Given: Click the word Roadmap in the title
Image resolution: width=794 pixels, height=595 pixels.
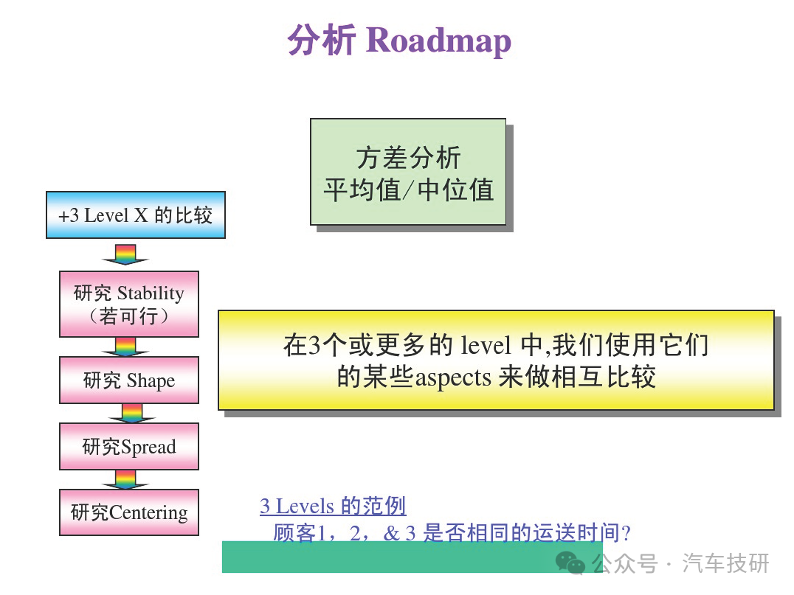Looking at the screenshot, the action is tap(438, 41).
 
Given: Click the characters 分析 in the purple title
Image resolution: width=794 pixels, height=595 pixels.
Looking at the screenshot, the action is tap(321, 40).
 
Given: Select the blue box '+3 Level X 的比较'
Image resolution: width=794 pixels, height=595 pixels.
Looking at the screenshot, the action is tap(136, 215).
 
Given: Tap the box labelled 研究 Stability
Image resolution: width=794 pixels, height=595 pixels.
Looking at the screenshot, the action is tap(129, 304).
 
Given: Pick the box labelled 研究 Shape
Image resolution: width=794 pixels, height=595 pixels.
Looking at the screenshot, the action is tap(129, 380).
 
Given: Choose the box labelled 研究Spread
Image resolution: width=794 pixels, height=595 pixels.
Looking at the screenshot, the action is tap(129, 446).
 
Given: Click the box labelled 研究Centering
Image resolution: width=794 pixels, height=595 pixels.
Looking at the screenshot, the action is tap(129, 512).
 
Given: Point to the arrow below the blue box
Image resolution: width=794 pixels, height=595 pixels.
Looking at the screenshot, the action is tap(125, 254).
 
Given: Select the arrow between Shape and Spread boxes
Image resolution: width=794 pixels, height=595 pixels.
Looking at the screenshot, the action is tap(132, 414).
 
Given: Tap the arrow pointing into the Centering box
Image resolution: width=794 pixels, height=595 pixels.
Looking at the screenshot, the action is tap(125, 480).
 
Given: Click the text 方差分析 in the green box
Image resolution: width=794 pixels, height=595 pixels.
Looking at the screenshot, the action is tap(408, 157).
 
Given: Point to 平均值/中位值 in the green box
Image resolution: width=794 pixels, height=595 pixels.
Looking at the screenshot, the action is tap(409, 190).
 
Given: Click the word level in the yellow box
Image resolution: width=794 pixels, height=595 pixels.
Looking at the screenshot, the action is tap(486, 346).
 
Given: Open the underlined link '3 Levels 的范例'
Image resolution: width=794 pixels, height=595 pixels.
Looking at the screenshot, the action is tap(333, 506).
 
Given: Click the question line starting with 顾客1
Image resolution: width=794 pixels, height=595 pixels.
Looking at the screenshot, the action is tap(452, 533).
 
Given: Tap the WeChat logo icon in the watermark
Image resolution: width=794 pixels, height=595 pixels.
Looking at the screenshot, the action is tap(570, 563).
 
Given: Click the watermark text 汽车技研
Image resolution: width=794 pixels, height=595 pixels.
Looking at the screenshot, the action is tap(725, 563).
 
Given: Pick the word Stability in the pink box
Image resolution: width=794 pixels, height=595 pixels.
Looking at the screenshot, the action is tap(151, 293).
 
